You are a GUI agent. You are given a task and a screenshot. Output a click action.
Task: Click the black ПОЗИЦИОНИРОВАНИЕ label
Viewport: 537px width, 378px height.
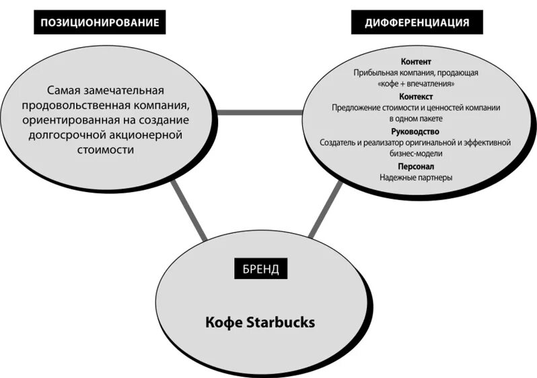click(x=100, y=22)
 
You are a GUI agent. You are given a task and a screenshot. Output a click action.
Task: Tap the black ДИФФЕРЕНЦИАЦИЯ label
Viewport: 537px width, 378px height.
click(x=417, y=22)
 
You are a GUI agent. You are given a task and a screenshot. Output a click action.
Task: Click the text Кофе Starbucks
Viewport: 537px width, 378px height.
click(x=260, y=322)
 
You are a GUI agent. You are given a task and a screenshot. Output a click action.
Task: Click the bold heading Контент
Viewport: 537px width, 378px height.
click(x=415, y=61)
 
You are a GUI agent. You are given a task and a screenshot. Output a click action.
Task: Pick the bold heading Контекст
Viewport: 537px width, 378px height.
click(x=416, y=96)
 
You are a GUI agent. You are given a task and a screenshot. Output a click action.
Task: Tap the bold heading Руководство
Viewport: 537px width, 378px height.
click(x=415, y=131)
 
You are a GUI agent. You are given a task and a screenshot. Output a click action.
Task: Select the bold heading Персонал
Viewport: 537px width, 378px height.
click(x=416, y=166)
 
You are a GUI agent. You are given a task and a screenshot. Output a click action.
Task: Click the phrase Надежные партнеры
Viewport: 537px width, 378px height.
click(x=415, y=178)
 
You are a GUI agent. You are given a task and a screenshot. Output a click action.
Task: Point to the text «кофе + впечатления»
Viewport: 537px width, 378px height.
click(x=416, y=84)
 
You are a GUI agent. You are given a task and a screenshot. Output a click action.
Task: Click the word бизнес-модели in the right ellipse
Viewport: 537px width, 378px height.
click(x=415, y=154)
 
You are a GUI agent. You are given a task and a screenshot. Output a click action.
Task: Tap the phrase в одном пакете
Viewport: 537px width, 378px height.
click(x=416, y=119)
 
